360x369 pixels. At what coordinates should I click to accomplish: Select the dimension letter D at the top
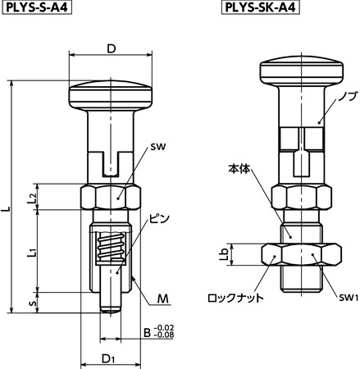click(111, 48)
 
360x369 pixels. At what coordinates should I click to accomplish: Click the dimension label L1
click(30, 251)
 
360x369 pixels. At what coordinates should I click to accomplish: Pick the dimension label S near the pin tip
click(31, 302)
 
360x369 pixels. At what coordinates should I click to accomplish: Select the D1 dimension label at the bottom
click(109, 358)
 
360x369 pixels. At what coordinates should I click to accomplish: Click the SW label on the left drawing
click(158, 148)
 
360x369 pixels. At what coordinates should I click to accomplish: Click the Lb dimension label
click(224, 254)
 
